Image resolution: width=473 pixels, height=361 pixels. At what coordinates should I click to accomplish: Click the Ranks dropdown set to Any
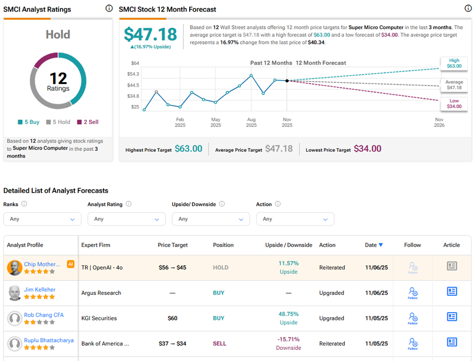coord(42,219)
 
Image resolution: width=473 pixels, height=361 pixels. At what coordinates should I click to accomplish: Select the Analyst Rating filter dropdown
coord(126,219)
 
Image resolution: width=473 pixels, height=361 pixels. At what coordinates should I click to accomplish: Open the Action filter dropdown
coord(295,219)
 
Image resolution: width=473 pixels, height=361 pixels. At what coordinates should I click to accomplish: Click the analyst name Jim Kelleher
coord(40,290)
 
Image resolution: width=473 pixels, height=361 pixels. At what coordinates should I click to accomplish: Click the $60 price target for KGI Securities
coord(173,319)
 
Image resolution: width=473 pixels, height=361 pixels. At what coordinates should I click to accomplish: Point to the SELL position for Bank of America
coord(219,344)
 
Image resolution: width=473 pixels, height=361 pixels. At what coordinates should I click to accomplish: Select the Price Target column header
coord(173,245)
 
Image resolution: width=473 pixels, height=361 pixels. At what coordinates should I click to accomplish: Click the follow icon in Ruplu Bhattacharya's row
coord(413,343)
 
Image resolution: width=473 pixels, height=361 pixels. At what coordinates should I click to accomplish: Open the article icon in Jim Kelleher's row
coord(452,291)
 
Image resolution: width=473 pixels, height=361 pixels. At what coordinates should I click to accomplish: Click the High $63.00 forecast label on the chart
coord(454,63)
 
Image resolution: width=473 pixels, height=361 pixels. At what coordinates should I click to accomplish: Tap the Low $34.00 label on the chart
coord(454,103)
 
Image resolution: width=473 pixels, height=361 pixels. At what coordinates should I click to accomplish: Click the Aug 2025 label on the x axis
coord(251,123)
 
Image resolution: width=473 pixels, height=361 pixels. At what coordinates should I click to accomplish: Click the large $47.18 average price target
coord(150,34)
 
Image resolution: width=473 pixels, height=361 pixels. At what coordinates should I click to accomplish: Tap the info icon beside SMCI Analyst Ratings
coord(109,9)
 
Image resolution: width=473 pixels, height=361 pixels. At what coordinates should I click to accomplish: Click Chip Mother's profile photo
coord(15,268)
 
